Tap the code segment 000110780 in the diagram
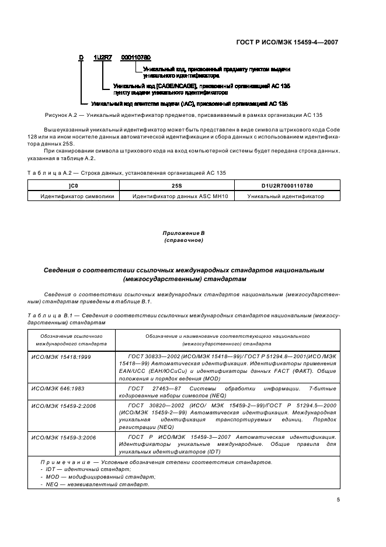click(x=135, y=57)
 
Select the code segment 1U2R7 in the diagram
click(x=104, y=57)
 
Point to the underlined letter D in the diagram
click(x=82, y=57)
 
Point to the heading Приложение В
click(x=184, y=234)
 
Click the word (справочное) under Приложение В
click(x=184, y=240)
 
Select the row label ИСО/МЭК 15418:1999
click(x=59, y=356)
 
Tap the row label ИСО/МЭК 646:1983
click(x=57, y=388)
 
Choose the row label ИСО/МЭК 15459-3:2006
click(x=61, y=437)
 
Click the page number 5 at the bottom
click(x=339, y=500)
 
